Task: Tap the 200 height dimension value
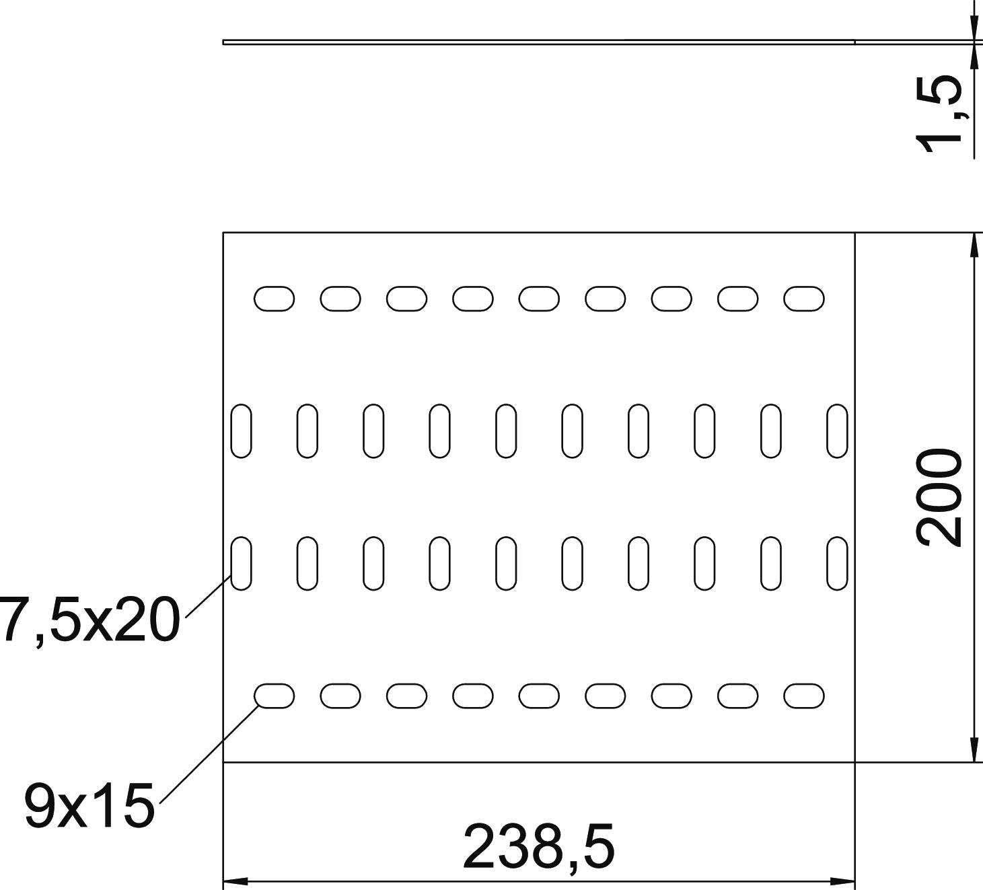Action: point(939,498)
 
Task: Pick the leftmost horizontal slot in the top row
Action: point(273,299)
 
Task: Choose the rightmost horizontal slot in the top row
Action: point(803,299)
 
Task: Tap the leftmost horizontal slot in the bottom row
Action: point(273,696)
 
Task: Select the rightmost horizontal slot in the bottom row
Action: point(803,696)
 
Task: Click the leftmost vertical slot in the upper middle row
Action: point(241,431)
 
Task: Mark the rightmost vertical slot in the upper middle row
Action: point(837,431)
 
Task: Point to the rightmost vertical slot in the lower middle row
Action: point(837,563)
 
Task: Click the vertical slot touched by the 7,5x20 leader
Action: point(241,563)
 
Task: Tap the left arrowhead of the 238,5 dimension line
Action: point(232,881)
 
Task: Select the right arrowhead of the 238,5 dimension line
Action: point(845,881)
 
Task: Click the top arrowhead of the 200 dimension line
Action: point(974,244)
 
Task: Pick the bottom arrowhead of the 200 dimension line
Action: point(974,751)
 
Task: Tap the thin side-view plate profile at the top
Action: point(538,42)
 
